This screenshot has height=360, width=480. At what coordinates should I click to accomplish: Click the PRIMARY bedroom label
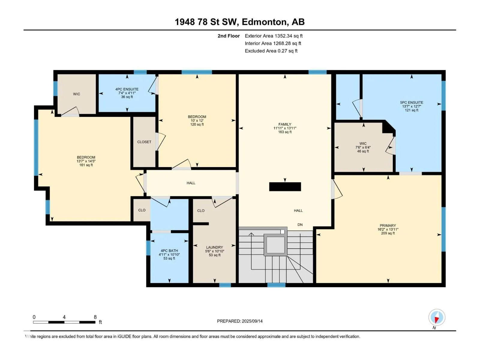[x=388, y=225]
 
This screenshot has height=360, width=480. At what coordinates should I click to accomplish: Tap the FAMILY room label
[x=284, y=124]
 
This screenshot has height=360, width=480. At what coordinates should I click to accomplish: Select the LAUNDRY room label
[x=214, y=247]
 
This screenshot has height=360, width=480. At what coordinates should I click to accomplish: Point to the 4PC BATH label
[x=169, y=251]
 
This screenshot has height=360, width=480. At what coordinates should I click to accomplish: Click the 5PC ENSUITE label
[x=411, y=103]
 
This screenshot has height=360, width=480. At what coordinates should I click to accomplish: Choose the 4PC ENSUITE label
[x=127, y=89]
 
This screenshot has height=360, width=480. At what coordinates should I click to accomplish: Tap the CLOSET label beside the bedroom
[x=144, y=142]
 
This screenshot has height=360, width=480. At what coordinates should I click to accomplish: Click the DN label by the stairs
[x=300, y=224]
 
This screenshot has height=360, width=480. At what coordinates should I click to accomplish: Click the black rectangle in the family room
[x=285, y=187]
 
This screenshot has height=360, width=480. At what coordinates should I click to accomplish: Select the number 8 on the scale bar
[x=95, y=317]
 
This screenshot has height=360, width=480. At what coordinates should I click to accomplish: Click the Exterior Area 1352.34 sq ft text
[x=274, y=36]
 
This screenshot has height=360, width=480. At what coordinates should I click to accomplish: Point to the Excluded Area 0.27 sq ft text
[x=271, y=51]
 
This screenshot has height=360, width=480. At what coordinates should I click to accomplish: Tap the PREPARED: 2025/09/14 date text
[x=240, y=321]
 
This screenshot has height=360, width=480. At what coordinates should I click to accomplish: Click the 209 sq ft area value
[x=388, y=233]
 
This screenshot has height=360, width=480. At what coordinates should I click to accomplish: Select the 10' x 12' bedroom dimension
[x=197, y=120]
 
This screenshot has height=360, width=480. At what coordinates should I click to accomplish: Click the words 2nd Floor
[x=229, y=36]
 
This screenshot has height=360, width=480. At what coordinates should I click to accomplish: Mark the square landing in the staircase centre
[x=275, y=245]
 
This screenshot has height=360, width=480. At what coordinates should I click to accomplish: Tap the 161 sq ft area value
[x=86, y=165]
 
